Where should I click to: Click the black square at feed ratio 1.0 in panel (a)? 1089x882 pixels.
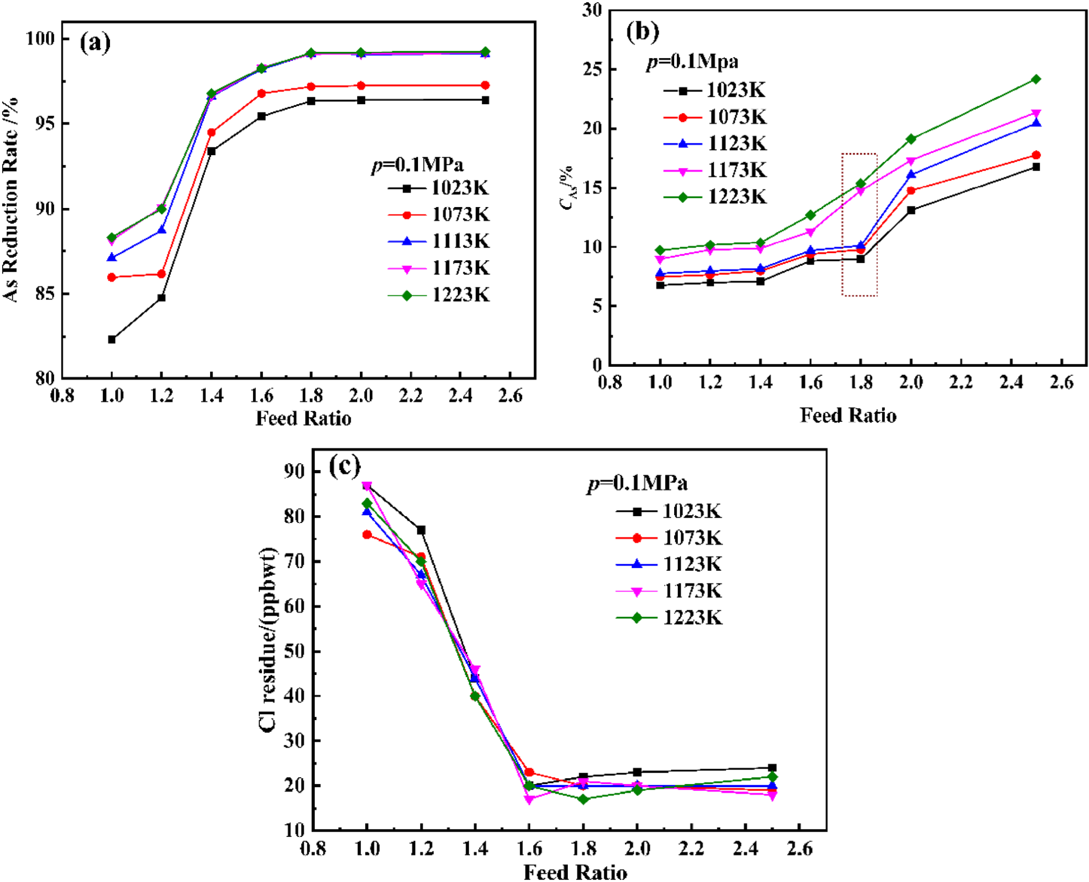pos(112,339)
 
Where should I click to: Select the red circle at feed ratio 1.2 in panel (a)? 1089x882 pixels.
pos(161,274)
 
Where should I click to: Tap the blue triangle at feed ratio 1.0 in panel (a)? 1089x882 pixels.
pos(112,257)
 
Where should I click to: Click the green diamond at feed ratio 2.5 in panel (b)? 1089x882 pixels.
pos(1036,79)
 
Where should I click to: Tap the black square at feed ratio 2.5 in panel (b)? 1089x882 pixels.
pos(1036,167)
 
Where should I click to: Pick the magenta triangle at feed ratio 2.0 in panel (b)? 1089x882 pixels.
pos(911,161)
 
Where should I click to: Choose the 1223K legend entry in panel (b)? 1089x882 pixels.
pos(715,197)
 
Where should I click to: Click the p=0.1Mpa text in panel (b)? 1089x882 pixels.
pos(692,62)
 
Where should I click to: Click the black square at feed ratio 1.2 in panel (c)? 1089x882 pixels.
pos(421,530)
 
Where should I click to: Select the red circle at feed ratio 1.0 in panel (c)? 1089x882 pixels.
pos(367,535)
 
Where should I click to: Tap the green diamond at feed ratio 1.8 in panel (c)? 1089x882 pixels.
pos(583,799)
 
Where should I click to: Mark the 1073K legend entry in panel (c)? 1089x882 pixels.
pos(669,538)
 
